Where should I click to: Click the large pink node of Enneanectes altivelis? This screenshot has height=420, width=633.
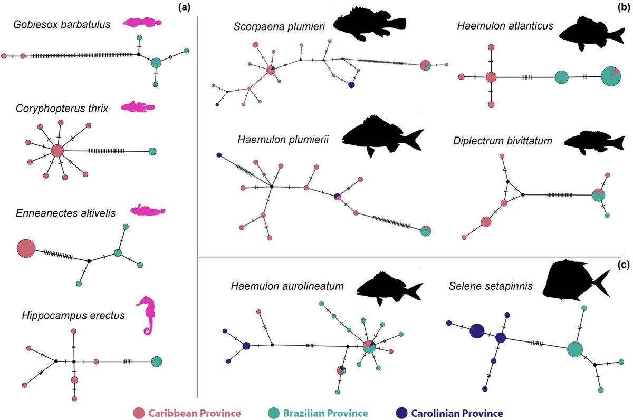click(x=26, y=248)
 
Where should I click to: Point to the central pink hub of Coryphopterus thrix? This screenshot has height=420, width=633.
click(x=57, y=151)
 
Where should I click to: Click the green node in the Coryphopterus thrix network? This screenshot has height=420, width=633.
click(x=152, y=151)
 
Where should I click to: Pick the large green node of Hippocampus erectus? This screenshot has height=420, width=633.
click(x=156, y=362)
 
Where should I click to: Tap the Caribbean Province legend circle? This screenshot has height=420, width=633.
click(x=139, y=413)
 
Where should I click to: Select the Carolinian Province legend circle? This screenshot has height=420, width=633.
click(x=402, y=413)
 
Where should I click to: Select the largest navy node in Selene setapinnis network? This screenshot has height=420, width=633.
click(x=477, y=331)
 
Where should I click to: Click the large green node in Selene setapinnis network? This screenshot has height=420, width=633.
click(x=575, y=349)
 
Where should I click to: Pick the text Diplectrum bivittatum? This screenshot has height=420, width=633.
click(x=502, y=141)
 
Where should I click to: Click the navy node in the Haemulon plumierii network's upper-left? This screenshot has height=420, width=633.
click(x=218, y=155)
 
